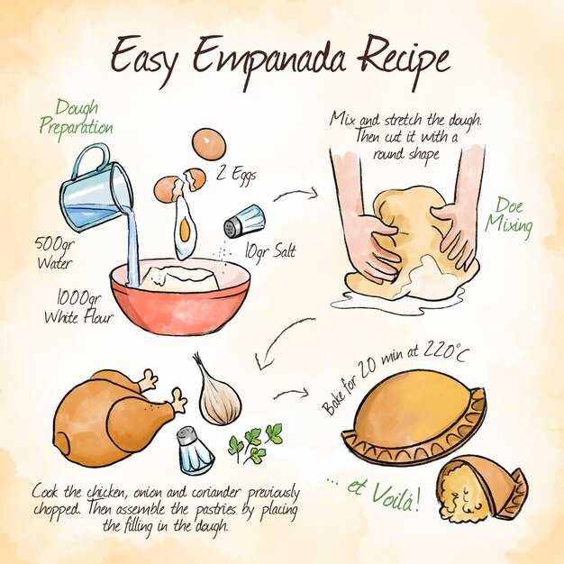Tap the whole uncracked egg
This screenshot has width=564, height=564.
click(209, 144)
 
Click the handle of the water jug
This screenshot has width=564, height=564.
click(91, 159)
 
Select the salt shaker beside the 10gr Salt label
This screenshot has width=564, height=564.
click(244, 222)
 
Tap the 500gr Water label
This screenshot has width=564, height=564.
click(54, 253)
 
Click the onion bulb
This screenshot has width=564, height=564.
click(218, 395)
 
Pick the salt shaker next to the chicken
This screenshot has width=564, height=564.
click(195, 450)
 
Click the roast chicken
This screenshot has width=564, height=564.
click(115, 417)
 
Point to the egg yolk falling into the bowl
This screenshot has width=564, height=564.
click(185, 230)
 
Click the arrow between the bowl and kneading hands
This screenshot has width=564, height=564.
click(296, 194)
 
